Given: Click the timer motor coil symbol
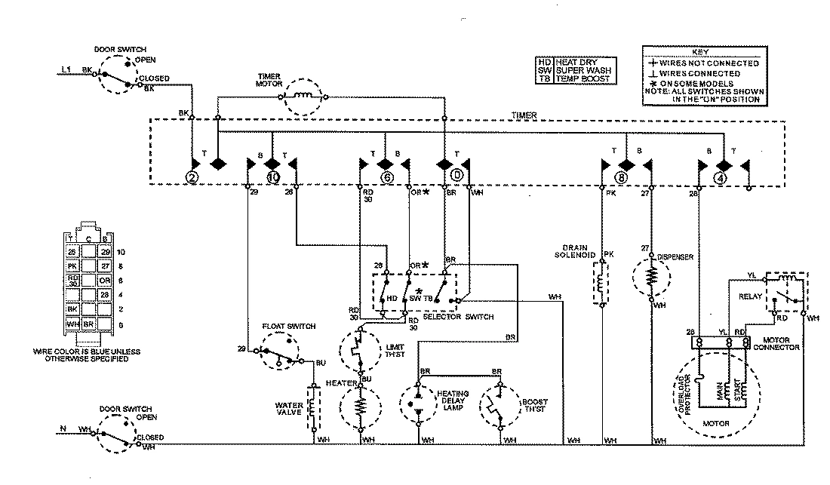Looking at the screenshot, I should pyautogui.click(x=306, y=96).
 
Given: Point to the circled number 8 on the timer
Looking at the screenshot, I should pyautogui.click(x=621, y=178).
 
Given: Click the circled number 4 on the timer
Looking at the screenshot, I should pyautogui.click(x=721, y=178).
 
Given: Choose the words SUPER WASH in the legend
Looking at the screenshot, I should pyautogui.click(x=583, y=69).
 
